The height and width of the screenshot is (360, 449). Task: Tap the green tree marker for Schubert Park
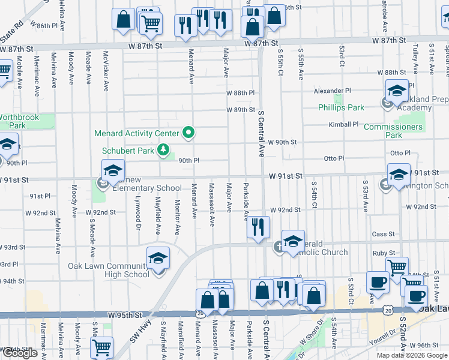pyautogui.click(x=162, y=149)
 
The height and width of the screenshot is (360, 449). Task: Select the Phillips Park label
pyautogui.click(x=341, y=108)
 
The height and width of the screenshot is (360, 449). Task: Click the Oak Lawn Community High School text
pyautogui.click(x=108, y=270)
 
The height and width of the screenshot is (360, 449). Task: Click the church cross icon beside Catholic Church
pyautogui.click(x=279, y=245)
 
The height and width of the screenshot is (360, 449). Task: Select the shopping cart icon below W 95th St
pyautogui.click(x=102, y=347)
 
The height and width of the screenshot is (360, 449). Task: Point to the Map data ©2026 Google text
pyautogui.click(x=412, y=355)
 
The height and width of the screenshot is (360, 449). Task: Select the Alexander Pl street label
pyautogui.click(x=332, y=91)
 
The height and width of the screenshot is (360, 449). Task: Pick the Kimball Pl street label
pyautogui.click(x=343, y=124)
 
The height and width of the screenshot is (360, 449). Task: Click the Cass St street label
pyautogui.click(x=383, y=234)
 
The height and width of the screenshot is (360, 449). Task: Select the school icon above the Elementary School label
pyautogui.click(x=112, y=170)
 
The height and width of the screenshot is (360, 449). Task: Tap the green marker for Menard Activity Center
pyautogui.click(x=188, y=133)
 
